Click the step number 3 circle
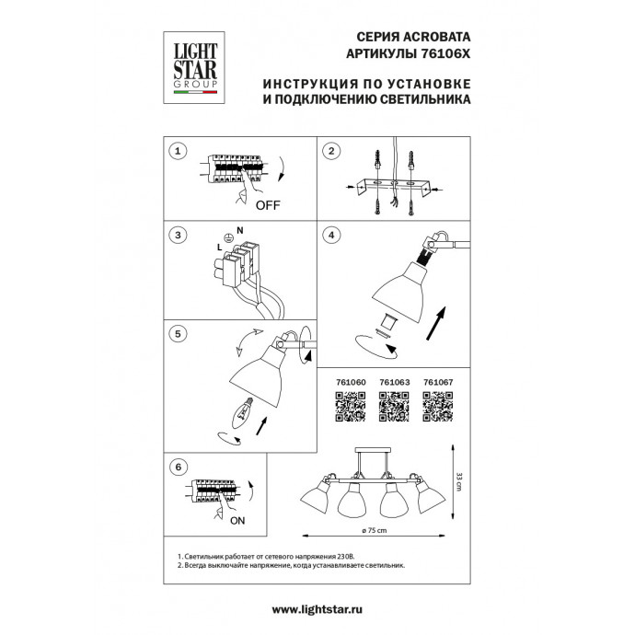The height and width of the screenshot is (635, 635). point(179,235)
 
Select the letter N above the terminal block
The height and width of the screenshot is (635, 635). point(240,229)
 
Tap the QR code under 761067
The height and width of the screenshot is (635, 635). point(438,406)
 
